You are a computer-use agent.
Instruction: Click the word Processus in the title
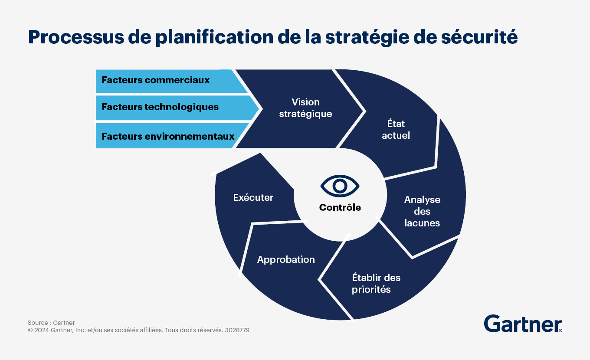click(76, 37)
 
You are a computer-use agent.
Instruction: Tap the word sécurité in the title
click(479, 37)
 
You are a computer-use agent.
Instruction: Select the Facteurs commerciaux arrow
click(171, 81)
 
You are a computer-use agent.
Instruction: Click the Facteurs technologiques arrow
click(177, 108)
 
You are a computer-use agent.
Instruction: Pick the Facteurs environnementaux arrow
click(171, 136)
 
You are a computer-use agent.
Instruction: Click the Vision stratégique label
click(305, 108)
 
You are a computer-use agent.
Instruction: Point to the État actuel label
click(396, 130)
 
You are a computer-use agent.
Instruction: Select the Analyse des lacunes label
click(422, 211)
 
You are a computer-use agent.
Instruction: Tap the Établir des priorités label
click(376, 283)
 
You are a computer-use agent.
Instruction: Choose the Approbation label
click(286, 260)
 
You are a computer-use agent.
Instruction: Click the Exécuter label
click(253, 197)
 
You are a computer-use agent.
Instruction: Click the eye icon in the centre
click(340, 186)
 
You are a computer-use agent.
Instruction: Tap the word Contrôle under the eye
click(340, 207)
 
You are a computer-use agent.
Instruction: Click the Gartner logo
click(523, 324)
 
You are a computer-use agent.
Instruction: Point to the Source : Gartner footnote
click(51, 323)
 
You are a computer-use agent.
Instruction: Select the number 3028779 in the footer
click(237, 330)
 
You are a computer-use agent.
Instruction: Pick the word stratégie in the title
click(367, 37)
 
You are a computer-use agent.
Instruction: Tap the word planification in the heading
click(214, 37)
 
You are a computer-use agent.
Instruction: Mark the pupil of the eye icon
click(340, 186)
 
